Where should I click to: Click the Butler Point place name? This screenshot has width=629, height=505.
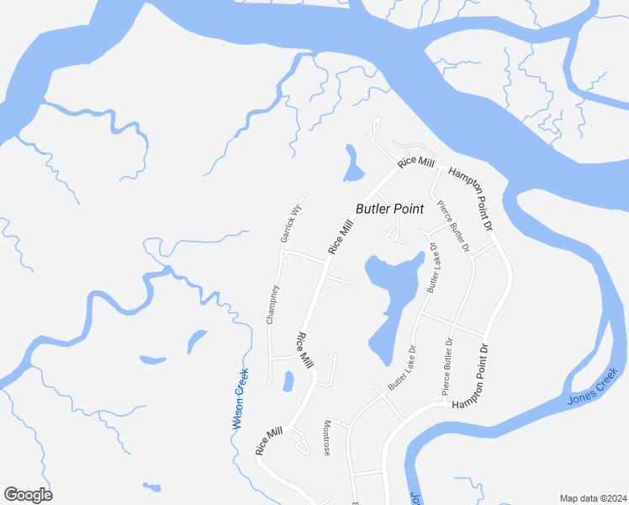[x=389, y=209]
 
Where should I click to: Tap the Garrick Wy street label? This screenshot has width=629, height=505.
[x=290, y=224]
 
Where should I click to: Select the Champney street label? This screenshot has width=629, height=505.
[x=272, y=304]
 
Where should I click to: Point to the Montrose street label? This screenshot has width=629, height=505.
[x=327, y=439]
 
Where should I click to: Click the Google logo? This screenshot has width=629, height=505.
[x=28, y=495]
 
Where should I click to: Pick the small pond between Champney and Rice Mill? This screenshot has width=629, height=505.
[x=288, y=381]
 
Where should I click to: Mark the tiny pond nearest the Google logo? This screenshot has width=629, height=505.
[x=152, y=486]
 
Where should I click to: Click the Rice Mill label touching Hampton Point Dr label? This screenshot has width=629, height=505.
[x=416, y=160]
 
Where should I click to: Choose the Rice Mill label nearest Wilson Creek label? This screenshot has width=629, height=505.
[x=270, y=441]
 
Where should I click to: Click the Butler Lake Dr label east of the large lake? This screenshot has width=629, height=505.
[x=433, y=268]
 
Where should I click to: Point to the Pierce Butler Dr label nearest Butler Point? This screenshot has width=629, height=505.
[x=452, y=226]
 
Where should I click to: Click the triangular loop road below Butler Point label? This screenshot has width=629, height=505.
[x=392, y=230]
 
